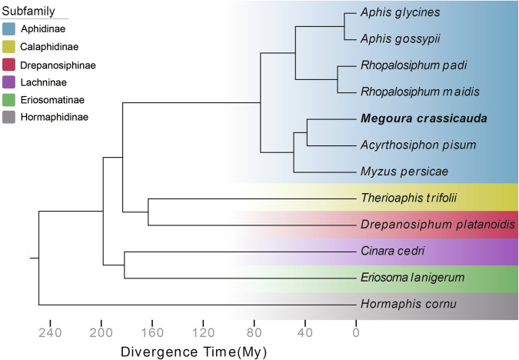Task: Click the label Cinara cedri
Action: [x=392, y=251]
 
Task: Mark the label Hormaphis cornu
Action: [x=398, y=305]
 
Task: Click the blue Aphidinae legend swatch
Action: [x=11, y=28]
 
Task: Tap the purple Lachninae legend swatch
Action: [x=11, y=81]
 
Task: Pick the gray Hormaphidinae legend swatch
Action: [x=11, y=116]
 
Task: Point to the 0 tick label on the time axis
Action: [x=356, y=332]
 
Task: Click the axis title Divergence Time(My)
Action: [x=193, y=351]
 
